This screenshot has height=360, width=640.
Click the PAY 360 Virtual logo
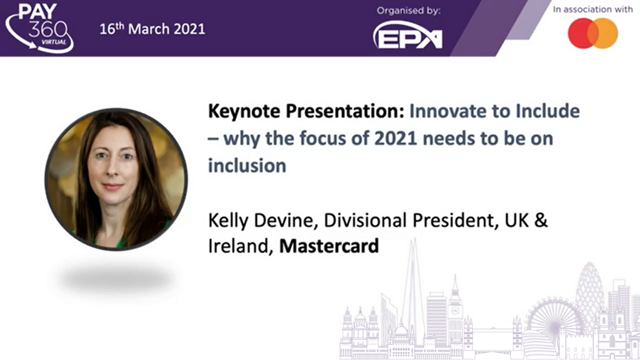pyautogui.click(x=39, y=27)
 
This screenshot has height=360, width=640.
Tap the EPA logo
pyautogui.click(x=408, y=36)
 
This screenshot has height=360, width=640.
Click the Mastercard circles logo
pyautogui.click(x=593, y=33)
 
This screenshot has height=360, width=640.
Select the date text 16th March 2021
pyautogui.click(x=152, y=29)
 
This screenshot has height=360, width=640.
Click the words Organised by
pyautogui.click(x=408, y=11)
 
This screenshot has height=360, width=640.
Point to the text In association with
pyautogui.click(x=593, y=9)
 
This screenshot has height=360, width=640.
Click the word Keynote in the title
pyautogui.click(x=244, y=111)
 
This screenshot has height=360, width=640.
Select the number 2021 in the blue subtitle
pyautogui.click(x=395, y=138)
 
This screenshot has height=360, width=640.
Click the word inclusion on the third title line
pyautogui.click(x=247, y=165)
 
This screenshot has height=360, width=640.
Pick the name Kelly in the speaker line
pyautogui.click(x=228, y=221)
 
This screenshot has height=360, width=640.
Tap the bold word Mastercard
pyautogui.click(x=329, y=245)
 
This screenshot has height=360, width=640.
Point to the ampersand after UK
pyautogui.click(x=540, y=220)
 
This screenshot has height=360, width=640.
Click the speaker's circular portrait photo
pyautogui.click(x=116, y=179)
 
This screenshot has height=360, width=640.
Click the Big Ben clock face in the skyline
pyautogui.click(x=455, y=310)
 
